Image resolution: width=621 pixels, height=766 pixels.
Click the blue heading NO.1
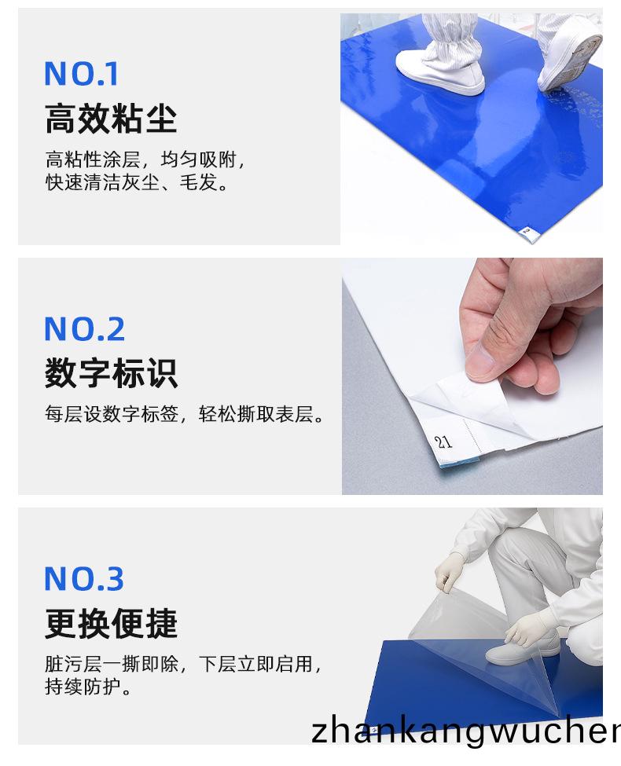(x=81, y=75)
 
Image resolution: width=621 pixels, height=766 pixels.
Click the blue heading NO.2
(x=84, y=329)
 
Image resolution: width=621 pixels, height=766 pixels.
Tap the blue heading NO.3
(x=84, y=579)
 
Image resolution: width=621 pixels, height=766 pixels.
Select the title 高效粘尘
(x=111, y=119)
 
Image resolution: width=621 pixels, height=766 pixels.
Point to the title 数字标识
(x=111, y=373)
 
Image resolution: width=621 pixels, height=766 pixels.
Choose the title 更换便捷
(x=111, y=624)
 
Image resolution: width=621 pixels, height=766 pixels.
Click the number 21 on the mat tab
(x=444, y=442)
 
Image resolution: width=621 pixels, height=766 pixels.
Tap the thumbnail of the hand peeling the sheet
(x=472, y=376)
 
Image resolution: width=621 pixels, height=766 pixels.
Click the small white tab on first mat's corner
(x=529, y=231)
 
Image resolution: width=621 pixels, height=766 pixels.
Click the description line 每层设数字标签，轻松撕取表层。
(x=185, y=414)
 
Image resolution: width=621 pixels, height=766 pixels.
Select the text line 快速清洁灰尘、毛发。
(x=137, y=185)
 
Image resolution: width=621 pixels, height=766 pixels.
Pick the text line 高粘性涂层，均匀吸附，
(x=146, y=161)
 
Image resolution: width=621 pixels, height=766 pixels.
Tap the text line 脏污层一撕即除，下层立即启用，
(x=183, y=665)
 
